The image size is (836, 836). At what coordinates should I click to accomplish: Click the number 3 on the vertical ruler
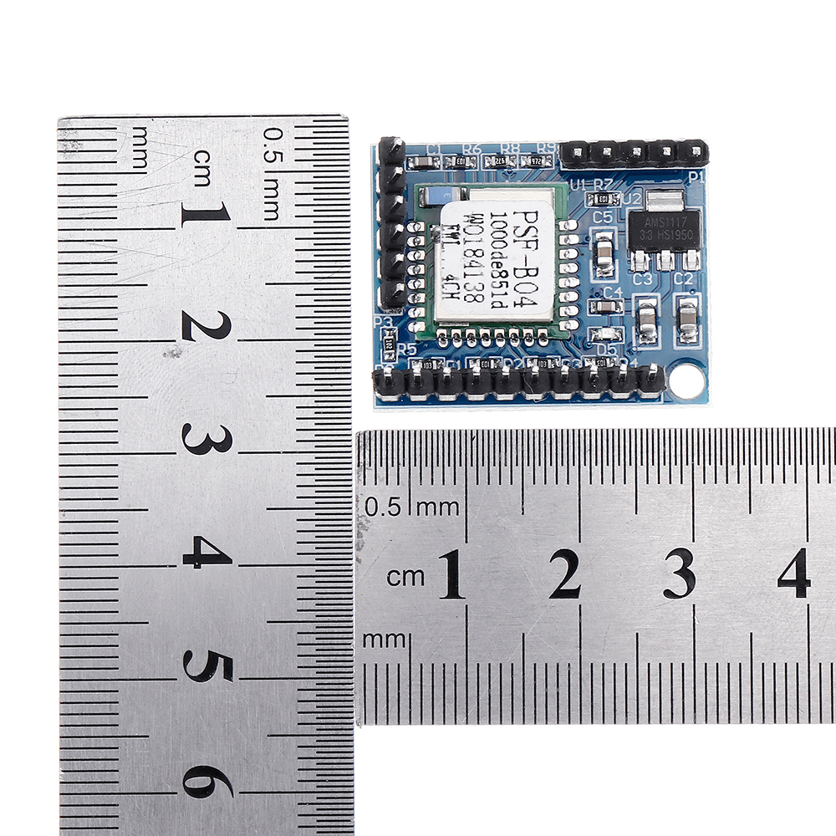(206, 439)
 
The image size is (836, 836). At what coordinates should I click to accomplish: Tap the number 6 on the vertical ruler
(206, 782)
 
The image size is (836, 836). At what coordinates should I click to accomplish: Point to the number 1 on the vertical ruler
(206, 215)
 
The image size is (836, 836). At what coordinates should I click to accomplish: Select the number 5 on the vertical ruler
(206, 666)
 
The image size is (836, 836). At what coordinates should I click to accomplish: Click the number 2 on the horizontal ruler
(565, 573)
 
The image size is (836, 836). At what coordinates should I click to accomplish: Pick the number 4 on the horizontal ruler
(793, 573)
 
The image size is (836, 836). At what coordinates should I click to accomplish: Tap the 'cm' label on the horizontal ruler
(406, 576)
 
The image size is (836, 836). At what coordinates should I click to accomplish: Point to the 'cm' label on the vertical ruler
(203, 158)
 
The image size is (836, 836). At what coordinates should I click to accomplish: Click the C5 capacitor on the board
(603, 248)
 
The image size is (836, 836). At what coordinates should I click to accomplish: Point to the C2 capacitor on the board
(687, 318)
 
